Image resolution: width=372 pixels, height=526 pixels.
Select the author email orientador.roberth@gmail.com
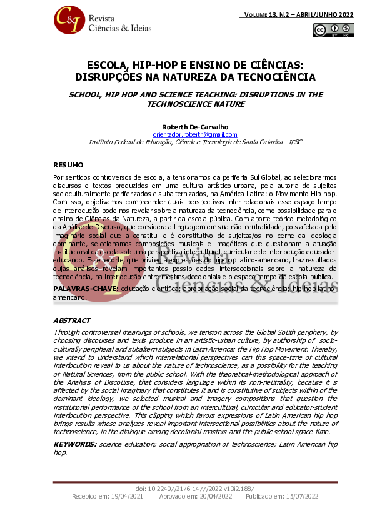tap(195, 134)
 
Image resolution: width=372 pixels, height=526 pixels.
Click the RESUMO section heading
tap(68, 165)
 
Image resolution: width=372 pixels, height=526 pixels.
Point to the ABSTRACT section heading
tap(72, 320)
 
